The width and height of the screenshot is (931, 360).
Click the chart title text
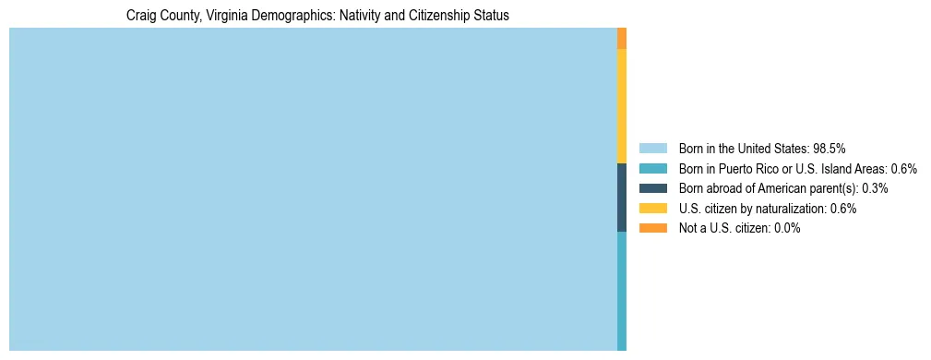click(317, 16)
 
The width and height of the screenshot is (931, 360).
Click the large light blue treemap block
click(313, 189)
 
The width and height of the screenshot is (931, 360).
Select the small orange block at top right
click(622, 38)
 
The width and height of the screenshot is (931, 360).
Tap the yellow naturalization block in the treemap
click(622, 106)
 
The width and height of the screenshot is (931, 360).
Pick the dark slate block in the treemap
click(622, 198)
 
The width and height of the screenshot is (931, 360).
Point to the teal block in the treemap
click(622, 291)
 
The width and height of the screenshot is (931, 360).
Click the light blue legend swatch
click(652, 148)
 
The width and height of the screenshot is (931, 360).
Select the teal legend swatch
click(652, 168)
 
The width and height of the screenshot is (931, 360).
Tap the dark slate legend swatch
click(652, 188)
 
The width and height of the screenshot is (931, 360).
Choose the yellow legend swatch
click(652, 209)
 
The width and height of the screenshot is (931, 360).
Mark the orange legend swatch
click(652, 228)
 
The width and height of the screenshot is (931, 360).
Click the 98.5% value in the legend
click(830, 148)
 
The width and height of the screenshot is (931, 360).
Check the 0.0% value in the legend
click(787, 228)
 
